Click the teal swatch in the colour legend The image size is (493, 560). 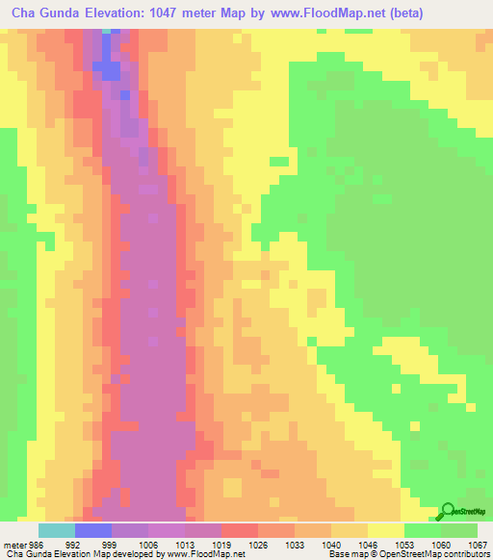click(x=56, y=530)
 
